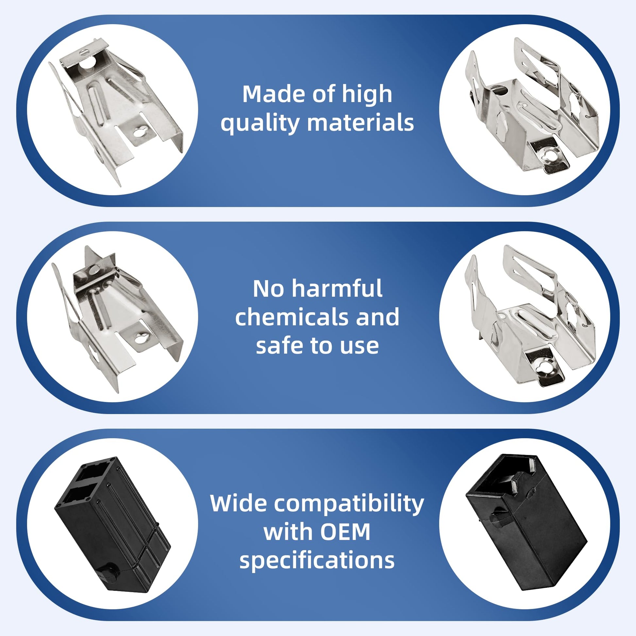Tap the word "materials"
[x=360, y=123]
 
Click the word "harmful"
[x=337, y=288]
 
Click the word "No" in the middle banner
[x=268, y=288]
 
